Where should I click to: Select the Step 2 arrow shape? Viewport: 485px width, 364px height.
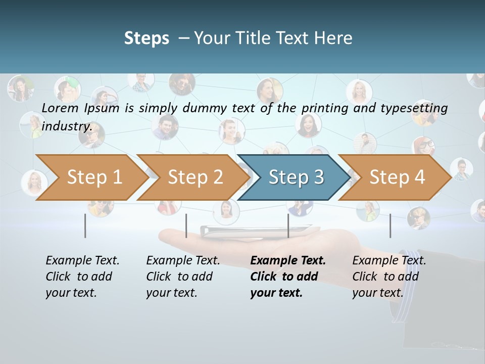click(195, 177)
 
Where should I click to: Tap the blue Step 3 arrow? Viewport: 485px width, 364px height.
click(296, 177)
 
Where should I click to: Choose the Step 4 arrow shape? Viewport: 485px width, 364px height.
click(397, 177)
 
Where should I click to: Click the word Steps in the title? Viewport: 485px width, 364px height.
click(147, 38)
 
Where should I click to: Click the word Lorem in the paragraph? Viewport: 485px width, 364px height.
click(60, 108)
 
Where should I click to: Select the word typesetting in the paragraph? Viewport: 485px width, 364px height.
click(414, 108)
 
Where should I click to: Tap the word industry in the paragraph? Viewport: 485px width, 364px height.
click(67, 126)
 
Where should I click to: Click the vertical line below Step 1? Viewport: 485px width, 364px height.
click(85, 225)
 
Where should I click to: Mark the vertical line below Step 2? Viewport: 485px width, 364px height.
click(186, 225)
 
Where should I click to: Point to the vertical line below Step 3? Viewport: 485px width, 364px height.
click(288, 225)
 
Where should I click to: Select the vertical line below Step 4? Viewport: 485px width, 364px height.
click(390, 225)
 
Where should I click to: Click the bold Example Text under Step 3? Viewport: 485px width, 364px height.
click(288, 260)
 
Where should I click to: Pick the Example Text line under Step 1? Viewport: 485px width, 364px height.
click(82, 260)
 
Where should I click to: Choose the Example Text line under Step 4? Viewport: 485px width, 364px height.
click(389, 260)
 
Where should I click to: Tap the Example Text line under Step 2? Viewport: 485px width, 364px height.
click(183, 260)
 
